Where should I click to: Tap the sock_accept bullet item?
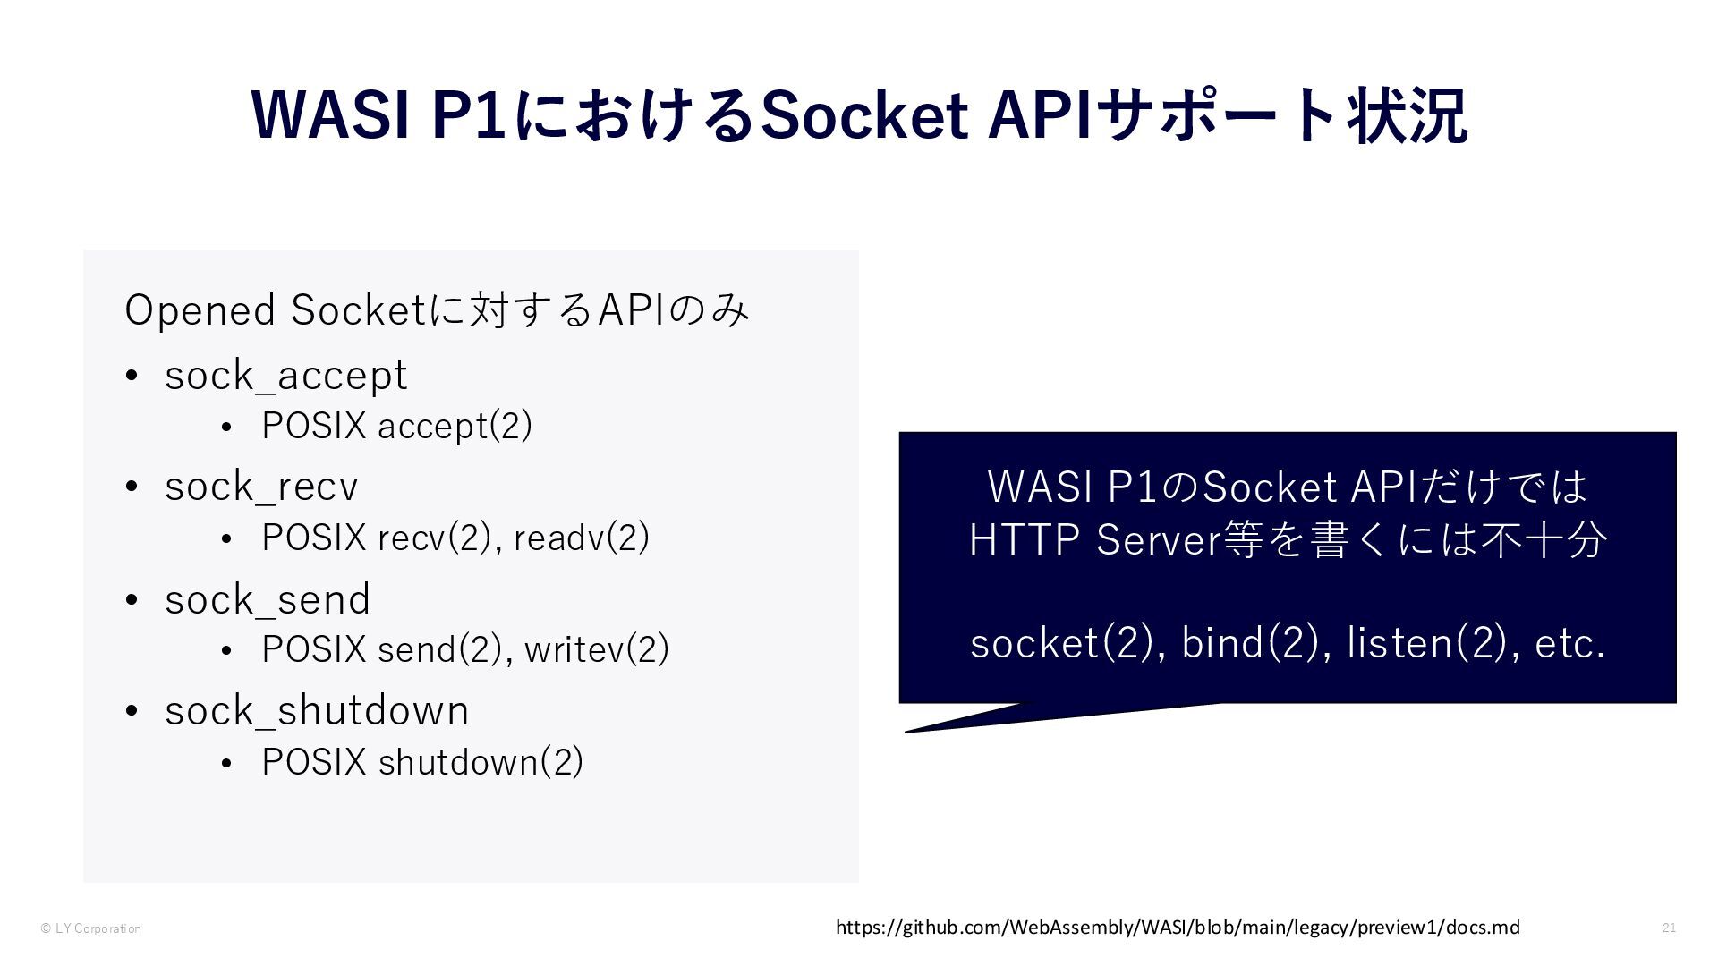(x=286, y=375)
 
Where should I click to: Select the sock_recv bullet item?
(x=261, y=487)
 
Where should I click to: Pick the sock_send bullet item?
(x=268, y=599)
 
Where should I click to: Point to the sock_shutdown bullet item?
(x=317, y=711)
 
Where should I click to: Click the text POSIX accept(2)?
(x=396, y=426)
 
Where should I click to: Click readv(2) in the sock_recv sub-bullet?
(x=582, y=538)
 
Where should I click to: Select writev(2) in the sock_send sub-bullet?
(x=597, y=649)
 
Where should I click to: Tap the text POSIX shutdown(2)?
(x=422, y=762)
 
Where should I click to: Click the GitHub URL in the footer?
(x=1178, y=928)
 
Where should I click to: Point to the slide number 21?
(x=1669, y=928)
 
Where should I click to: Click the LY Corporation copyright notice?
(x=91, y=928)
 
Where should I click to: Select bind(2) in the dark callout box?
(x=1250, y=643)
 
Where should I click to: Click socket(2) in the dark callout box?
(x=1061, y=643)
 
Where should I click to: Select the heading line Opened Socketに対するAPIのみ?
(x=437, y=310)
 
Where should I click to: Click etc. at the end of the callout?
(x=1569, y=643)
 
